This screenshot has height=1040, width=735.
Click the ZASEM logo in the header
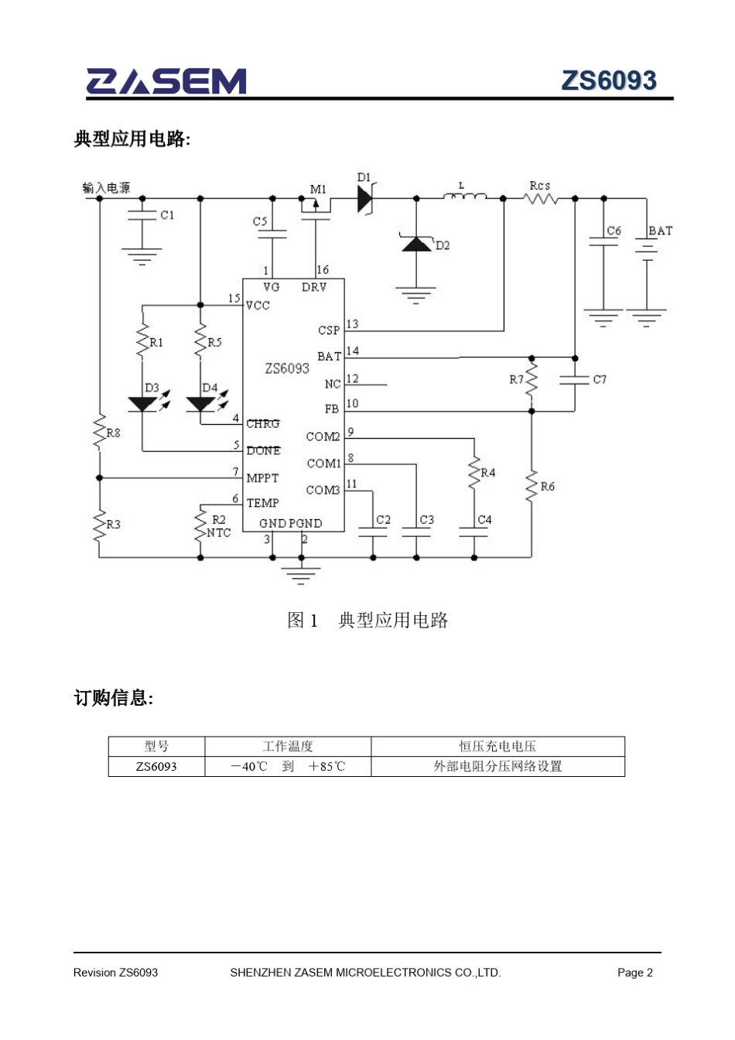166,81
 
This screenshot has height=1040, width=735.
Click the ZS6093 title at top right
608,80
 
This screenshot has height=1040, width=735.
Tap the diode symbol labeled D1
365,199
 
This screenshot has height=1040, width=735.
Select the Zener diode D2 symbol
417,245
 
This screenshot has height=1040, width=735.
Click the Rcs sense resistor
541,199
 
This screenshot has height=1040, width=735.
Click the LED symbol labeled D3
143,404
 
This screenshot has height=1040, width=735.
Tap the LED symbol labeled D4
201,404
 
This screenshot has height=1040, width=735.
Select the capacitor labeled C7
575,380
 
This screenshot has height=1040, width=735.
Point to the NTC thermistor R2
200,525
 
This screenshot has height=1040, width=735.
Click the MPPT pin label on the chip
262,478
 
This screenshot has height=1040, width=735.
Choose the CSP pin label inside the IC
329,330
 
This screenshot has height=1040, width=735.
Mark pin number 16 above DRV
323,269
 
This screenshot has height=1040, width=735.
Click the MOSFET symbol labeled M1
316,206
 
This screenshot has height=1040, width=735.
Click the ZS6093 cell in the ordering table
156,767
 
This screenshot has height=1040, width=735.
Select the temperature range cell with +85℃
288,767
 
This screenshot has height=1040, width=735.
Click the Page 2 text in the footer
634,973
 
